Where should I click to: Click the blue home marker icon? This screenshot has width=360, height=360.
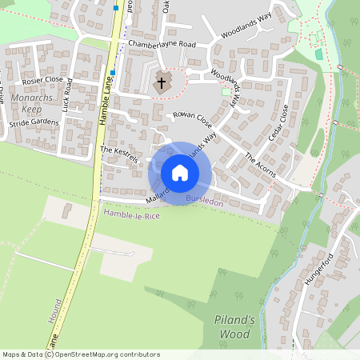tap(179, 173)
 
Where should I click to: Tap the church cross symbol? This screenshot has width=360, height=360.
tap(161, 82)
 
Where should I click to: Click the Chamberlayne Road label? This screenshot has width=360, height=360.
tap(161, 44)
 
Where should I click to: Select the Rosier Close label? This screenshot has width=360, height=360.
tap(43, 80)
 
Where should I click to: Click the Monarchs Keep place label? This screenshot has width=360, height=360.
tap(31, 102)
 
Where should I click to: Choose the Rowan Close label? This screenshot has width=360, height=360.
tap(192, 119)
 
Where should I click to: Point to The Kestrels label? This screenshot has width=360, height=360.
tap(119, 154)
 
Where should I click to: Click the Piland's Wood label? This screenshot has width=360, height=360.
tap(234, 326)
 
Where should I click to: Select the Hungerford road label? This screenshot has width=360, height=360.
tap(318, 273)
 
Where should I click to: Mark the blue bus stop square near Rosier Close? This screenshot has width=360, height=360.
tap(114, 72)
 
